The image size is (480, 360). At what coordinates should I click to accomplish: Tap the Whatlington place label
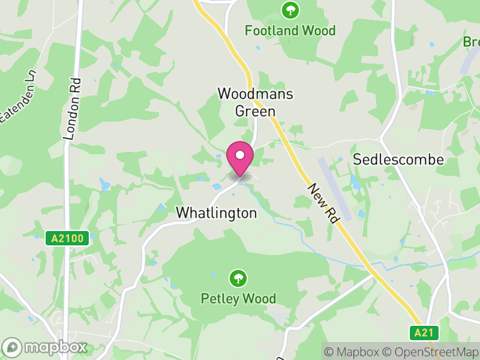[216, 213]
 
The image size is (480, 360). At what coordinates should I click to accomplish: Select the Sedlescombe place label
[398, 160]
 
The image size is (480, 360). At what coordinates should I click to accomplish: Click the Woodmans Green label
[247, 102]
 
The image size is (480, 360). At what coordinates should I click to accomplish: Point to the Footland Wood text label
[290, 31]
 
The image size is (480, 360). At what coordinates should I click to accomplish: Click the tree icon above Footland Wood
[290, 10]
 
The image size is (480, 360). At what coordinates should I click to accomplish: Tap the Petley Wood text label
[238, 298]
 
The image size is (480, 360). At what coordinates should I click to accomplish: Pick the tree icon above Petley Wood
[238, 278]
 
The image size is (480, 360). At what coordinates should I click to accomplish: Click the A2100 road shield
[68, 239]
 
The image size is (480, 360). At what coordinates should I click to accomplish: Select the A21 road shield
[425, 332]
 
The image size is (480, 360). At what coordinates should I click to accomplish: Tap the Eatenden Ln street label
[19, 99]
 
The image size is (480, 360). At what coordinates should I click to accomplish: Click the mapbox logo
[46, 347]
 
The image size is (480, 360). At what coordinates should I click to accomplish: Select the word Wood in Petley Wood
[260, 298]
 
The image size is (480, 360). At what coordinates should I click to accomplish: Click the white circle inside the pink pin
[240, 155]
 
